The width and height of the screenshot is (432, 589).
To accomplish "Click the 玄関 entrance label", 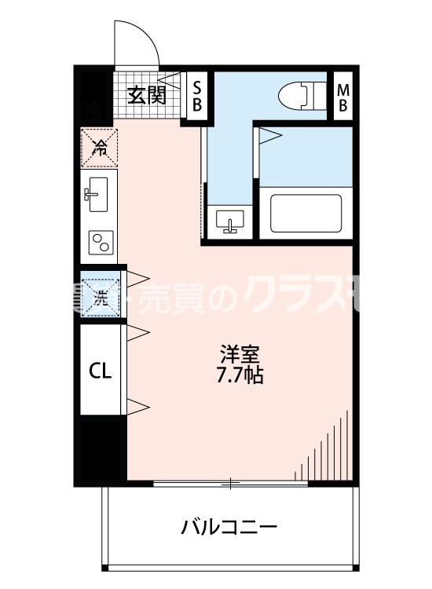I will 146,96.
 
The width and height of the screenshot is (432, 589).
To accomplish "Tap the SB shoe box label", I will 197,95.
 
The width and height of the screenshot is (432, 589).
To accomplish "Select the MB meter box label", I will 342,96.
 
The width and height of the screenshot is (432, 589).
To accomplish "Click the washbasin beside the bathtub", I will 229,220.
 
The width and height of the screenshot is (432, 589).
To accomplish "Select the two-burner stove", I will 100,243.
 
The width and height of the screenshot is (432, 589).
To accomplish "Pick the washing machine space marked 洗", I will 101,297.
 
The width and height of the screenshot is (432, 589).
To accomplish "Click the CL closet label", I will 100,369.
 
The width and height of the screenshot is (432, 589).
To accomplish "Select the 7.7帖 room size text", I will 240,375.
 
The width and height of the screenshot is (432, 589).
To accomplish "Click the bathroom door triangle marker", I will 269,136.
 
